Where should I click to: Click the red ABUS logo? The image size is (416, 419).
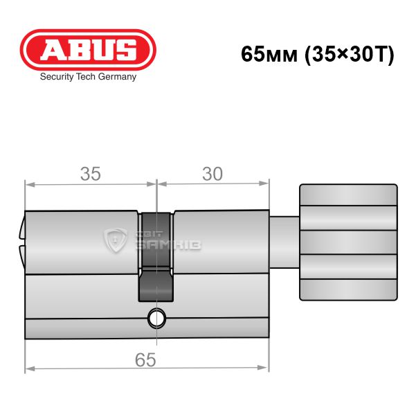pyautogui.click(x=88, y=50)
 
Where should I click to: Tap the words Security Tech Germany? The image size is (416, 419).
pyautogui.click(x=88, y=77)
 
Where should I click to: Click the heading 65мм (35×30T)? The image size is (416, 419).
pyautogui.click(x=318, y=54)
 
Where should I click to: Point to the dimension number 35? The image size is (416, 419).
pyautogui.click(x=91, y=174)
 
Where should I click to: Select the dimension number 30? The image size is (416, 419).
pyautogui.click(x=212, y=174)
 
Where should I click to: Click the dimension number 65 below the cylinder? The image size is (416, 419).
pyautogui.click(x=145, y=360)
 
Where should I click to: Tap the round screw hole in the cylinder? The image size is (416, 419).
pyautogui.click(x=156, y=319)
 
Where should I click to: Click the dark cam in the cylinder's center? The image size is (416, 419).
pyautogui.click(x=156, y=257)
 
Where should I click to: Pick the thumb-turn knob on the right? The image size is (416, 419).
pyautogui.click(x=348, y=242)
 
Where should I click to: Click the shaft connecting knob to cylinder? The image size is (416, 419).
pyautogui.click(x=284, y=242)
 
